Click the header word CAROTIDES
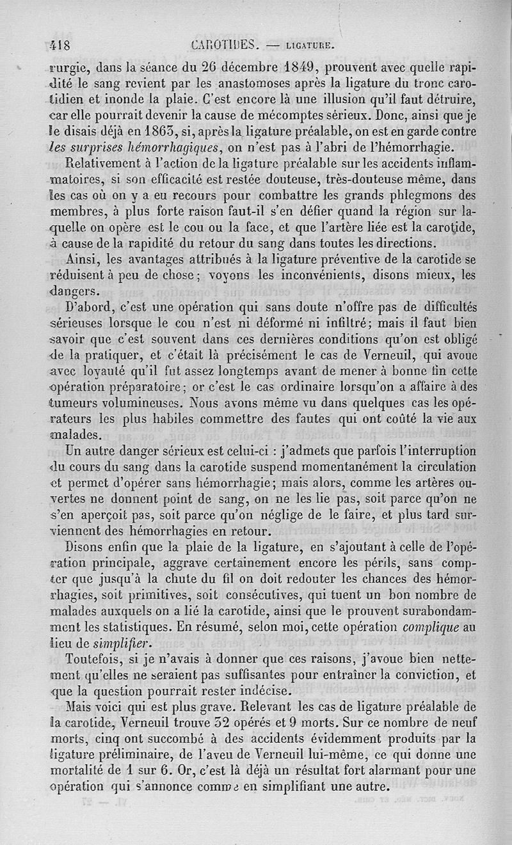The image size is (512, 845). pyautogui.click(x=223, y=45)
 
